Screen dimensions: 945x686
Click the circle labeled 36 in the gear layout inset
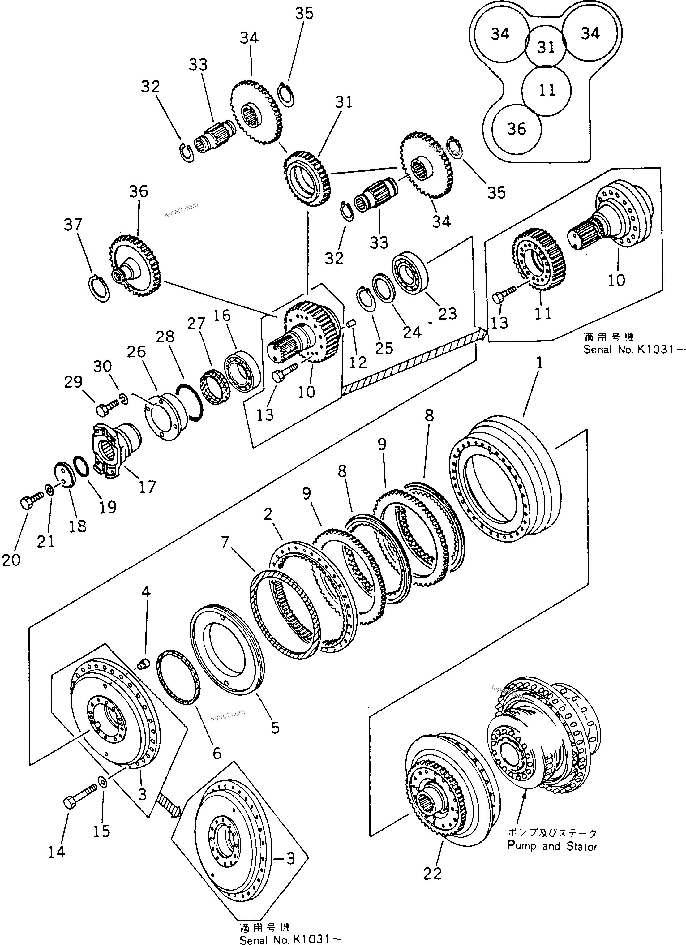tap(517, 128)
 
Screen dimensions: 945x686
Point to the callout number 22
tap(432, 874)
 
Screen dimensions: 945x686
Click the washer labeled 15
tap(102, 780)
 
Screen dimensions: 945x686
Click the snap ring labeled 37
tap(100, 287)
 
